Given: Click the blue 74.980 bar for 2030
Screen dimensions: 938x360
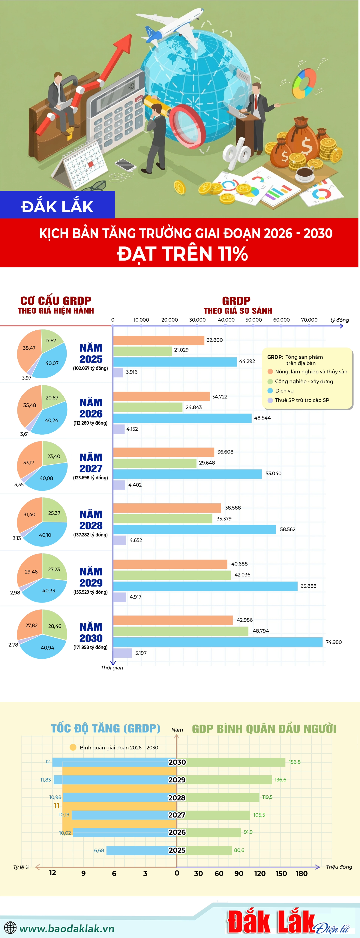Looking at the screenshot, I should click(x=218, y=642).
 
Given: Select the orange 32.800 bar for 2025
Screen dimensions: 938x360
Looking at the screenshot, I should click(x=159, y=340).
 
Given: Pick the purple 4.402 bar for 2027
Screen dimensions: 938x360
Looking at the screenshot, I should click(x=119, y=485).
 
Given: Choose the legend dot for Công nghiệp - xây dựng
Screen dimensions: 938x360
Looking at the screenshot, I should click(x=270, y=381).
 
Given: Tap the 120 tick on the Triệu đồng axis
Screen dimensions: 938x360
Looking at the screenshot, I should click(x=260, y=873).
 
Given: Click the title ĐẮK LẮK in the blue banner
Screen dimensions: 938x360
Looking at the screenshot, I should click(x=57, y=206).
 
